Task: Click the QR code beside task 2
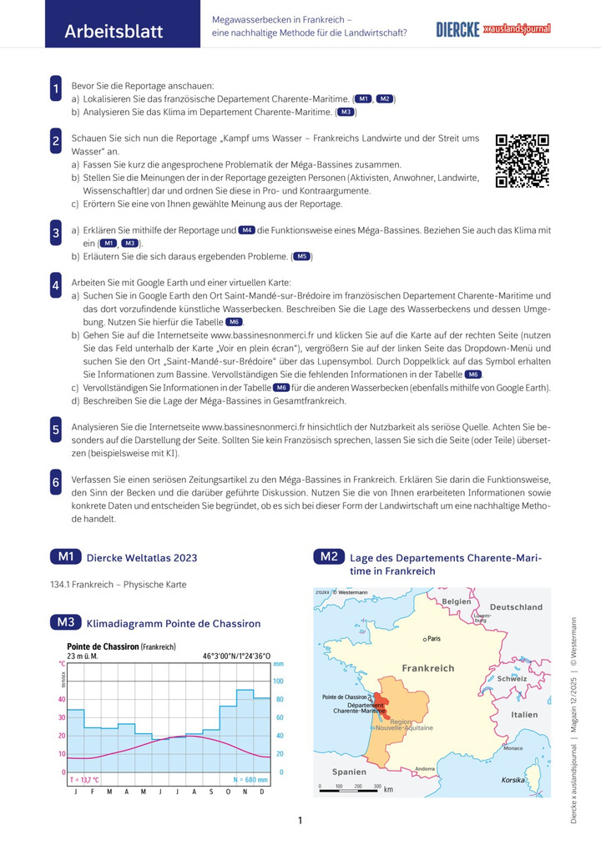tap(523, 160)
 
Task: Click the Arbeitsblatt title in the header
tap(114, 32)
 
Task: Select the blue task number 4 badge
tap(55, 284)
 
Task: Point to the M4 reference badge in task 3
tap(247, 229)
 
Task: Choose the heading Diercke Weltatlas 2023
tap(142, 557)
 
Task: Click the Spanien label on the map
tap(349, 772)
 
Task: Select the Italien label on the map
tap(524, 715)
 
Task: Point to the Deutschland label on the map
tap(515, 607)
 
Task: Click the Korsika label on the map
tap(513, 779)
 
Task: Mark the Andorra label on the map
tap(425, 768)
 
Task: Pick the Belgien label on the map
tap(457, 601)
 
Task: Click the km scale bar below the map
tap(351, 787)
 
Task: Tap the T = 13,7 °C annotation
tap(84, 779)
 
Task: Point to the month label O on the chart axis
tap(228, 791)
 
